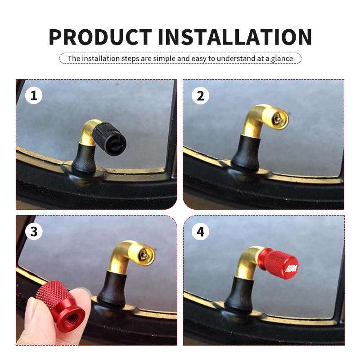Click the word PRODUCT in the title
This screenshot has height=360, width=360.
click(100, 37)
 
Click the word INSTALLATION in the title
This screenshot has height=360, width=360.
click(235, 37)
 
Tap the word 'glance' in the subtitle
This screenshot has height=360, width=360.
click(282, 58)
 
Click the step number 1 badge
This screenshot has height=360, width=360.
click(33, 95)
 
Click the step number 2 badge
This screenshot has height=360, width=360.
click(200, 95)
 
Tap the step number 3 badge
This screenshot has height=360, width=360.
click(33, 231)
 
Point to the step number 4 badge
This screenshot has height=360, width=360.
click(200, 231)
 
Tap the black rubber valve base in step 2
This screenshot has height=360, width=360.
click(243, 153)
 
